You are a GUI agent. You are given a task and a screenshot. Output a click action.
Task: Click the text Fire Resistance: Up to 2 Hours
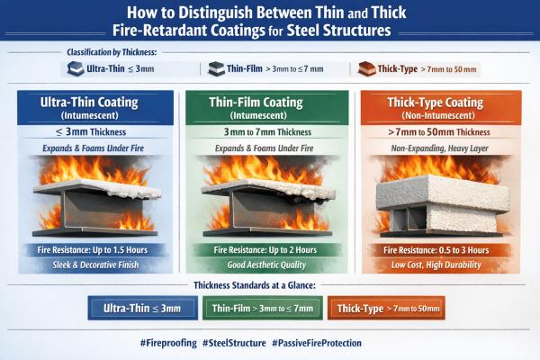(270, 247)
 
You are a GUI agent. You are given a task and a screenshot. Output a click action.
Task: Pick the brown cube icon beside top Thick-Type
(364, 68)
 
